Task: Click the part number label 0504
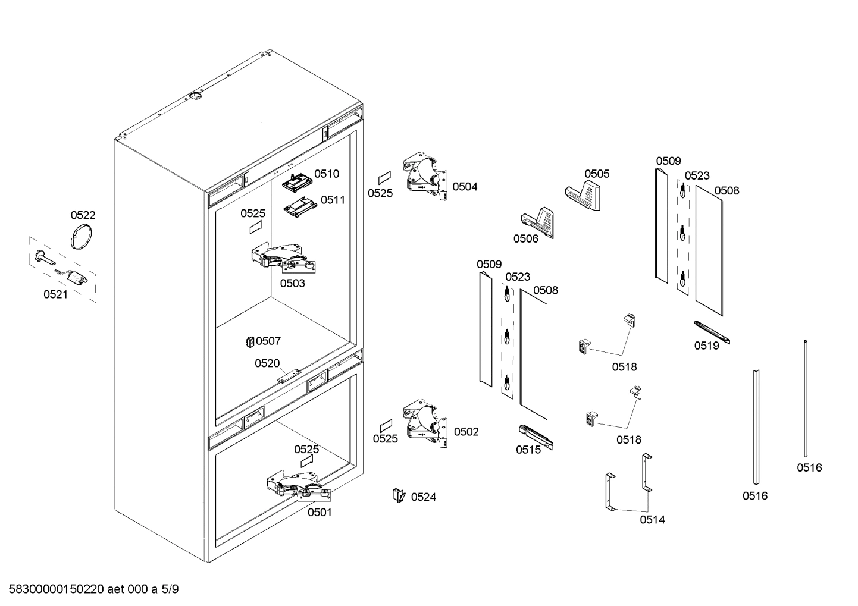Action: tap(465, 187)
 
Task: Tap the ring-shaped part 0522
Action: tap(82, 236)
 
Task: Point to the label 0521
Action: tap(55, 294)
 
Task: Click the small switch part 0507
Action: tap(250, 341)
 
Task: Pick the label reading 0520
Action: tap(267, 363)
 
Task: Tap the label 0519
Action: tap(706, 346)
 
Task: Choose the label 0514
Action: tap(652, 520)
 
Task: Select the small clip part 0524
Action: tap(398, 495)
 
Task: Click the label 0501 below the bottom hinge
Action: tap(320, 512)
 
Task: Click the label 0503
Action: tap(292, 283)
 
